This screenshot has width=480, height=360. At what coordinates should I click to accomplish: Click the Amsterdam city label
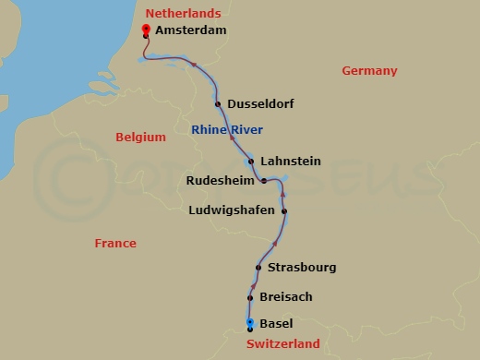(191, 30)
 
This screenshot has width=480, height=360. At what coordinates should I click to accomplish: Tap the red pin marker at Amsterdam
(146, 30)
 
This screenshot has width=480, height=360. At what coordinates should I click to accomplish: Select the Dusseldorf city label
(260, 104)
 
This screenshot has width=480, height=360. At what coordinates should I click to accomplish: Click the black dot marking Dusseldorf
(218, 104)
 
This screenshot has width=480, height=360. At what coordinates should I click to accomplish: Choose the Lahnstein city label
(291, 161)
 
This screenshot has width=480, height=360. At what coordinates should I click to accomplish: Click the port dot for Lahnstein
(251, 161)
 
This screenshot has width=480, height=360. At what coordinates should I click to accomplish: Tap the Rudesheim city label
(221, 180)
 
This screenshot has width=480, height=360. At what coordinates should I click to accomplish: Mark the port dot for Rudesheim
(264, 181)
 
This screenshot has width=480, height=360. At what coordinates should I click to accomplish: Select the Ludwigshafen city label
(231, 210)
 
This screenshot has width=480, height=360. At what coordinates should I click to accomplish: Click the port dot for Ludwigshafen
(284, 211)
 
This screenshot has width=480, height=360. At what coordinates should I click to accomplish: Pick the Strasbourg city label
(301, 268)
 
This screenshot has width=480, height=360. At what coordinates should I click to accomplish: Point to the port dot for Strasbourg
(258, 269)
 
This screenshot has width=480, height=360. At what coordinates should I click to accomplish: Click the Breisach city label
(286, 297)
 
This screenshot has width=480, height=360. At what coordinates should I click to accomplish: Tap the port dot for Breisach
(250, 298)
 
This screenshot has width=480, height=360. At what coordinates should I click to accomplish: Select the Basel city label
(277, 324)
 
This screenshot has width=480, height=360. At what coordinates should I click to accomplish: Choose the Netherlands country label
(184, 13)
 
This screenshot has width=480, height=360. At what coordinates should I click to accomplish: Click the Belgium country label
(140, 138)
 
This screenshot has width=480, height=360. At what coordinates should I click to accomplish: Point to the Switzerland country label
(283, 344)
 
